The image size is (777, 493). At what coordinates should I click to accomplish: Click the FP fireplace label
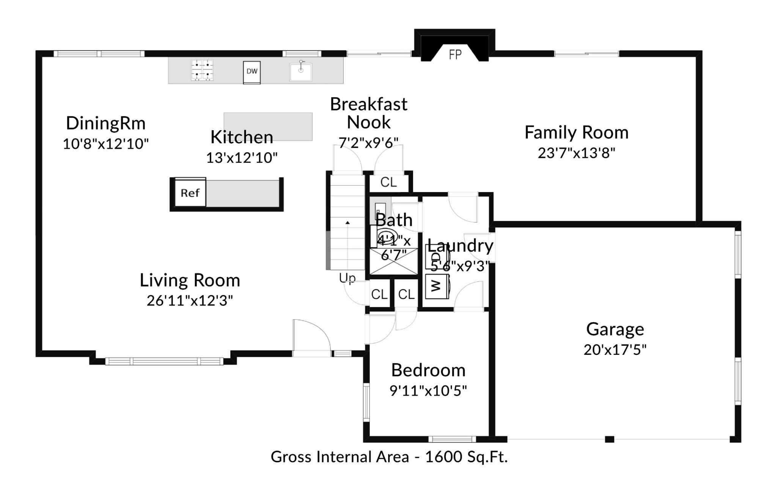(455, 55)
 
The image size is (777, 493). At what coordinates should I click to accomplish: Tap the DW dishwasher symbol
(252, 72)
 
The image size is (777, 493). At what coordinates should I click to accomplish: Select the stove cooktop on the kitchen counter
(202, 70)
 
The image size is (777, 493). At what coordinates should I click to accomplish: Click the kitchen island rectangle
(268, 126)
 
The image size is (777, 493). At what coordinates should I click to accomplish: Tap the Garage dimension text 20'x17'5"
(615, 350)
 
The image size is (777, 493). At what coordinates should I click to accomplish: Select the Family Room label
(576, 132)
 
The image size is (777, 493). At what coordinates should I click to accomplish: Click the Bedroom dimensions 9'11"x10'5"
(428, 390)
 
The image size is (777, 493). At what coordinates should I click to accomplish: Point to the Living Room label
(190, 280)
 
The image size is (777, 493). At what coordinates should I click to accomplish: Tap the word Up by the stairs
(348, 278)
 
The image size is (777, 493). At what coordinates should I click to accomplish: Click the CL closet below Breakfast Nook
(388, 182)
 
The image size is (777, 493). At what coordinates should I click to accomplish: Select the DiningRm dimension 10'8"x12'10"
(105, 144)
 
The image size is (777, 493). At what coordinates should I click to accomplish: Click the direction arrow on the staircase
(348, 223)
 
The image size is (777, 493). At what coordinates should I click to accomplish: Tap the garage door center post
(609, 439)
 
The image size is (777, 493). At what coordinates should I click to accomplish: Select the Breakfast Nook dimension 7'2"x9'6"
(368, 142)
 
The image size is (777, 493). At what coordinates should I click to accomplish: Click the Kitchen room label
(242, 137)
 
